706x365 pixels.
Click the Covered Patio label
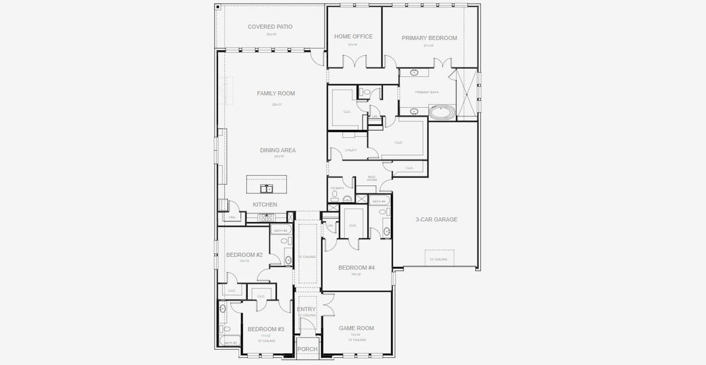270,27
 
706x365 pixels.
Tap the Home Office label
353,36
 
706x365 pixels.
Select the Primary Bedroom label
429,38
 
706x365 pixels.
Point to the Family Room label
275,94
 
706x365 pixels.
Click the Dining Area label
278,150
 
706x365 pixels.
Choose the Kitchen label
265,204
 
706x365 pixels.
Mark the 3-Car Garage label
436,220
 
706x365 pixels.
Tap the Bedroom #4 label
357,268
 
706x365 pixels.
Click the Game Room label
356,328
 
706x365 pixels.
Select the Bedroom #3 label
266,329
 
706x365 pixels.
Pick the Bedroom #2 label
244,255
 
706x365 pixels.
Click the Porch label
307,349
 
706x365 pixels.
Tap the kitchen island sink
266,189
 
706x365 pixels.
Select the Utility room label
351,150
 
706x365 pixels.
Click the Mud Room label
372,178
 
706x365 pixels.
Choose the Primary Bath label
427,92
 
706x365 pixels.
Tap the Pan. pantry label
232,217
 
